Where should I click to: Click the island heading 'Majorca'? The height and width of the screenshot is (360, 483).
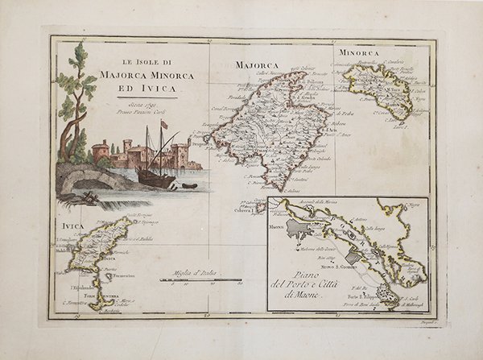tap(256, 65)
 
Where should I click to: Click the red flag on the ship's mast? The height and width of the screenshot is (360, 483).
tap(164, 125)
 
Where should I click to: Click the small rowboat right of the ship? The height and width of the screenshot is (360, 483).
tap(189, 185)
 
